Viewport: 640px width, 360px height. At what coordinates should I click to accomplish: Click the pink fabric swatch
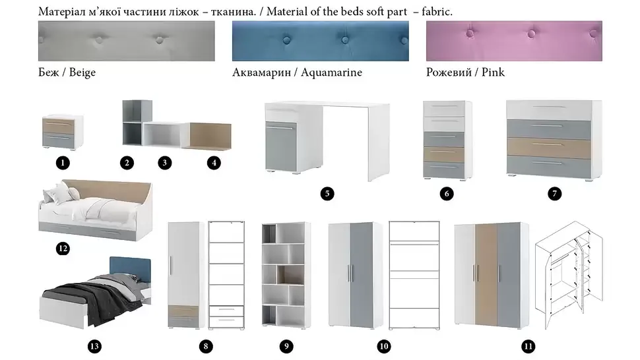tap(514, 41)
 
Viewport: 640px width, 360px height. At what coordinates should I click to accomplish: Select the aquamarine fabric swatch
tap(321, 41)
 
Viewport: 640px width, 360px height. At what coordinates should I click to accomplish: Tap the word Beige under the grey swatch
tap(82, 73)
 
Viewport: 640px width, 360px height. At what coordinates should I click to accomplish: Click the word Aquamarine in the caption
tap(331, 73)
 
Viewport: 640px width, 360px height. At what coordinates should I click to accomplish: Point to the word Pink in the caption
tap(493, 72)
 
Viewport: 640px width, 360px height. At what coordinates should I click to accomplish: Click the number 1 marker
tap(63, 163)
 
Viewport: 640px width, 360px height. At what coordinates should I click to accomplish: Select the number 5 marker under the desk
tap(327, 194)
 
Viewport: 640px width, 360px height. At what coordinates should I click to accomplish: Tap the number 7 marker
tap(554, 194)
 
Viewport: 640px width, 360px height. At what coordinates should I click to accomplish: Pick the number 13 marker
tap(94, 347)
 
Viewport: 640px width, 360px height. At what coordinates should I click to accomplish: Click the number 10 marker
tap(384, 347)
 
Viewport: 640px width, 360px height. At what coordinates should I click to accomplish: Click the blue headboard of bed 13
tap(130, 269)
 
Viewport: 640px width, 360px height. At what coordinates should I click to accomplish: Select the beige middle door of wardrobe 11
tap(486, 274)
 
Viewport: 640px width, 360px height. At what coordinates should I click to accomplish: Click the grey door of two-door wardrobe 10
tap(361, 275)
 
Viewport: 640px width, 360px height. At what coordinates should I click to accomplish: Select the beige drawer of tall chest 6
tap(444, 154)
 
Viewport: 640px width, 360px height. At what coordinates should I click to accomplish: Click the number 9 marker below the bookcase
tap(286, 347)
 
